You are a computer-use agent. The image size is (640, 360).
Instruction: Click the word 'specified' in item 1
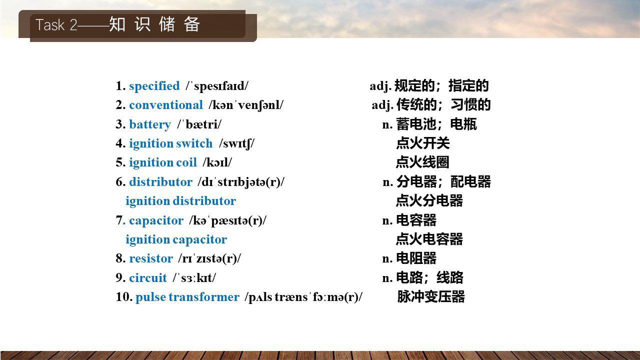coord(154,86)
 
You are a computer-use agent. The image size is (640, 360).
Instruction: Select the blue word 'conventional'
coord(166,105)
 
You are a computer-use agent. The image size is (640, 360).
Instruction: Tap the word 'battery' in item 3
coord(150,124)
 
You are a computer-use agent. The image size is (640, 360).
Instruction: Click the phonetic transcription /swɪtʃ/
coord(236,143)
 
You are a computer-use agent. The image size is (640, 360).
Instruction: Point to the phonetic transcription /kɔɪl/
coord(217,162)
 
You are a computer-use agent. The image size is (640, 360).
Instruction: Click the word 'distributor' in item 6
coord(161,181)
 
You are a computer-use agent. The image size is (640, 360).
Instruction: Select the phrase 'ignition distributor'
coord(181,201)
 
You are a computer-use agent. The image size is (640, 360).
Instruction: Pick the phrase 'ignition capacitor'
coord(176,239)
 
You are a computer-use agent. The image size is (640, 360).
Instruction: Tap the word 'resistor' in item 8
coord(151,258)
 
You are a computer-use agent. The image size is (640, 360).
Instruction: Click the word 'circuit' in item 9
coord(148,277)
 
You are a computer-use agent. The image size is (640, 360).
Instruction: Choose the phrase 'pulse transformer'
coord(187,297)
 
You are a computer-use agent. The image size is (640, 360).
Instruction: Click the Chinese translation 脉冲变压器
coord(431,296)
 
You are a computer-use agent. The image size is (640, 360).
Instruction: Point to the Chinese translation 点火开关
coord(423,143)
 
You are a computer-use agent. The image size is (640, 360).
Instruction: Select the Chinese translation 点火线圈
coord(422,162)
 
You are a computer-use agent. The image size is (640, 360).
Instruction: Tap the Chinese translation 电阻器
coord(416,258)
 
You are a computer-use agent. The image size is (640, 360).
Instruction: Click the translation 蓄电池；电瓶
coord(436,124)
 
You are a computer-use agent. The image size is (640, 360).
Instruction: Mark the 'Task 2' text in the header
coord(56,25)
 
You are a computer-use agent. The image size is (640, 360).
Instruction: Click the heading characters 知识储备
coord(154,24)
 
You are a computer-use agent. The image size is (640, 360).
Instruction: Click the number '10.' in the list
coord(124,297)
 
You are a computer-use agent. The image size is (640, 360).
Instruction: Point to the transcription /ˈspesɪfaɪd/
coord(217,86)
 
